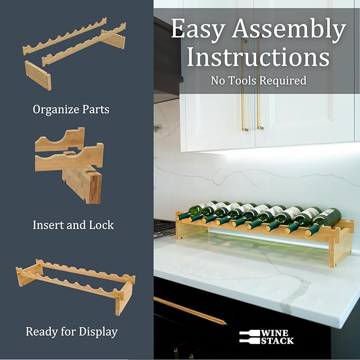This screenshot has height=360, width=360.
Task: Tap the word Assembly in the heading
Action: pos(289,30)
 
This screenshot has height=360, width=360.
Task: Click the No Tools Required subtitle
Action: pos(258,81)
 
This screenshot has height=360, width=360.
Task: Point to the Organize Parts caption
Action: pos(71,110)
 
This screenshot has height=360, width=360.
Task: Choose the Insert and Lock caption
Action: pos(73,225)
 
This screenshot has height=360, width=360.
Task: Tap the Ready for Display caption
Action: pos(72,332)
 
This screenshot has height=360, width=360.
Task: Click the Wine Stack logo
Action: pos(266,337)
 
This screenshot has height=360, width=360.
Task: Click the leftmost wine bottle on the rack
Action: pos(197,210)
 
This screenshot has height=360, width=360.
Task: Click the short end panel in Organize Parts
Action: pos(38,75)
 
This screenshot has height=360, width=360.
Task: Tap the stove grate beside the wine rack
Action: pos(164,228)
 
